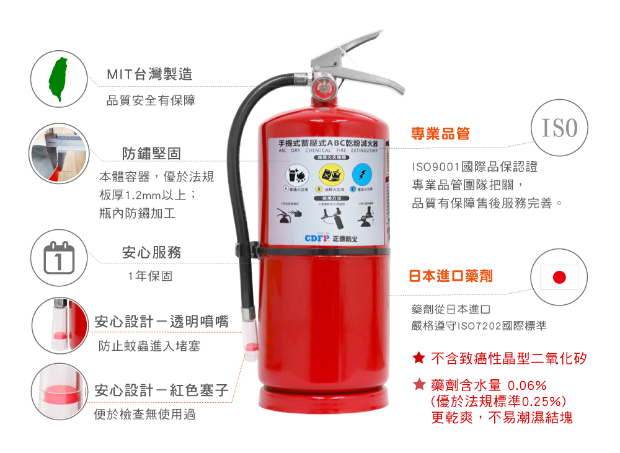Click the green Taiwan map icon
click(x=60, y=79)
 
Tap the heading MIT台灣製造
click(x=149, y=75)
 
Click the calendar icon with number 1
click(x=60, y=258)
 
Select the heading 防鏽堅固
click(x=152, y=153)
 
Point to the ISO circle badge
click(x=559, y=128)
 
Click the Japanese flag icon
click(x=559, y=277)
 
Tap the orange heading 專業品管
click(x=441, y=134)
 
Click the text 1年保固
click(x=150, y=276)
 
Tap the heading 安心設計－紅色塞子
click(x=162, y=391)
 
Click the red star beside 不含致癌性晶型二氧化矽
click(x=418, y=358)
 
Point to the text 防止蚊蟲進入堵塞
click(x=150, y=346)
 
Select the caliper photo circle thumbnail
click(x=60, y=153)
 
